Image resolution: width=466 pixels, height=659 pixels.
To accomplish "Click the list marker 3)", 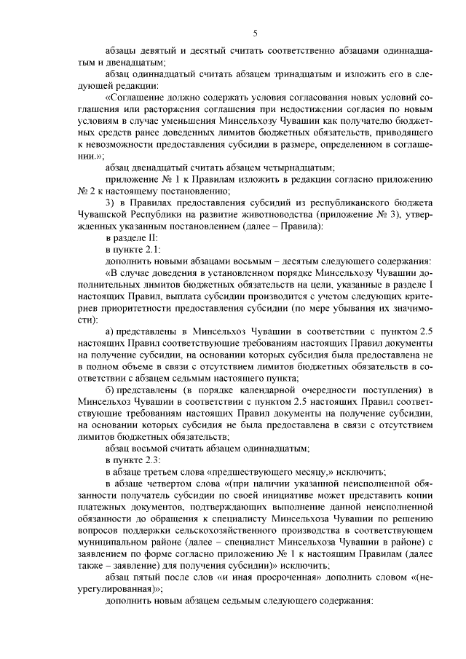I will click(x=111, y=202).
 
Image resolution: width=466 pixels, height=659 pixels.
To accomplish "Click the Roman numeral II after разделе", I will click(x=154, y=237).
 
